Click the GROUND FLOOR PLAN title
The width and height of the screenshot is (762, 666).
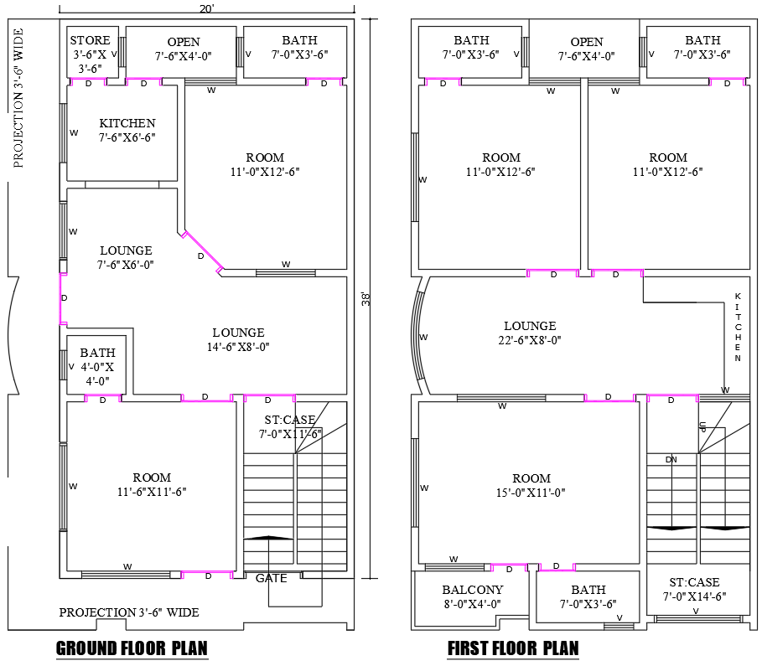click(x=132, y=648)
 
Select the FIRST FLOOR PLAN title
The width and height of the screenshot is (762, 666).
click(x=512, y=648)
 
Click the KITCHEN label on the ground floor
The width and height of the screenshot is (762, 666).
click(x=127, y=130)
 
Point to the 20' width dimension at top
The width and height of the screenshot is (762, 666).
click(x=206, y=8)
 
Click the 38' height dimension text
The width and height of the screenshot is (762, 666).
click(x=365, y=299)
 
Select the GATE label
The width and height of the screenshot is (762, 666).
click(x=271, y=578)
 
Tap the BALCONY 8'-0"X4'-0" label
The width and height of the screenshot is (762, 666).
click(x=472, y=596)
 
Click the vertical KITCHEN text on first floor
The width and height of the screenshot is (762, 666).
click(x=738, y=328)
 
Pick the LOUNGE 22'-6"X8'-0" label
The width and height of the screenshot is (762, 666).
click(x=530, y=333)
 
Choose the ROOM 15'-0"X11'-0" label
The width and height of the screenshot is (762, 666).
click(x=531, y=485)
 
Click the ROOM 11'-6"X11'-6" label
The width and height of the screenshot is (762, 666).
click(x=151, y=485)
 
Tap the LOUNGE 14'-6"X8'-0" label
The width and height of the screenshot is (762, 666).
click(x=238, y=339)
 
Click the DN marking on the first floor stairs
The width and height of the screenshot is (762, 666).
click(x=671, y=459)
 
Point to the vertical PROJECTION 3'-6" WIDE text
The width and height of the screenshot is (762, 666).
click(x=18, y=98)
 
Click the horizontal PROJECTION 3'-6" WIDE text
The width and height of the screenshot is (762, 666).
click(x=129, y=612)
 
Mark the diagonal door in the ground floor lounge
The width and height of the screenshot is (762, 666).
click(x=202, y=252)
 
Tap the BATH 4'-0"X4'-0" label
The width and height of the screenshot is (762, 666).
click(x=97, y=366)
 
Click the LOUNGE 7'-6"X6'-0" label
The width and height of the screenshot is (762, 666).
click(x=127, y=257)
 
